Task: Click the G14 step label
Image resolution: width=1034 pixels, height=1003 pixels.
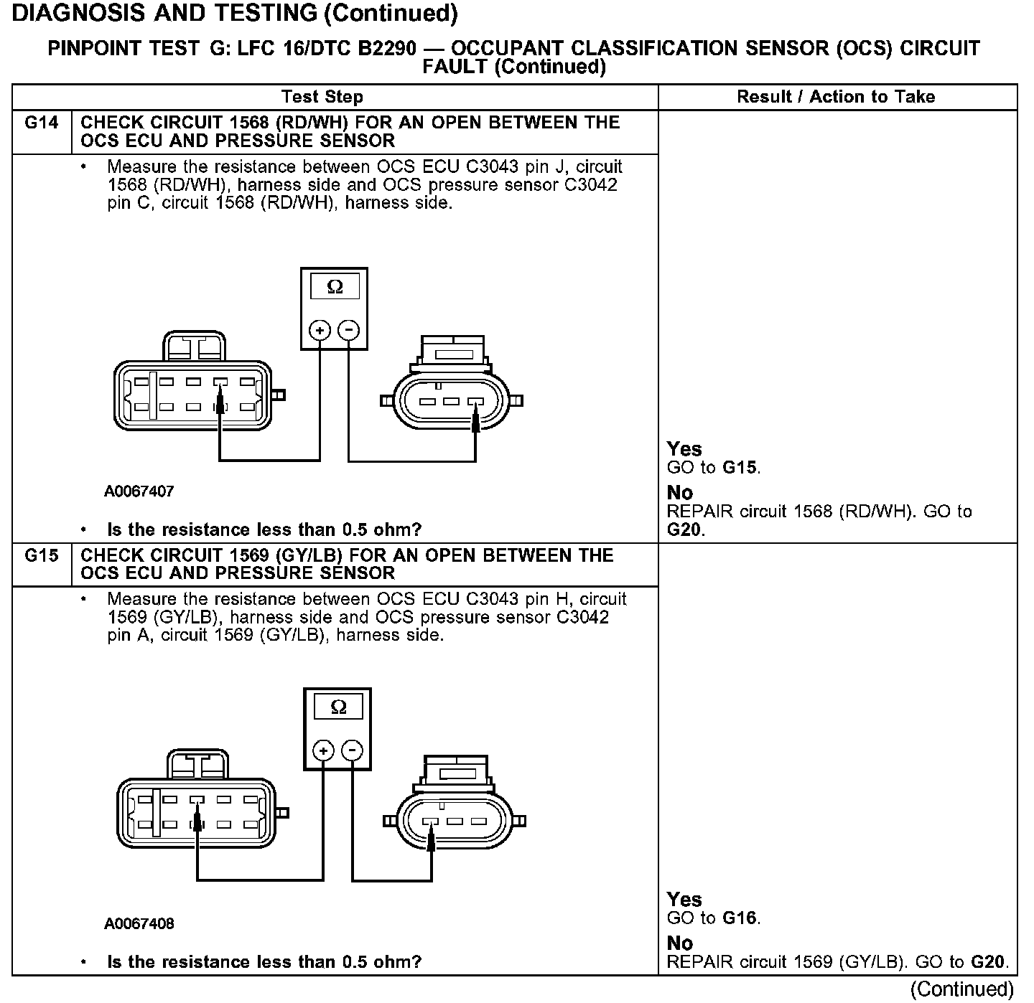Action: (x=42, y=123)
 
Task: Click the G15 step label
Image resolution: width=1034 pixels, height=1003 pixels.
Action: (x=42, y=555)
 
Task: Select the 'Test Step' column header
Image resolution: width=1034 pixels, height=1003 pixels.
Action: (x=322, y=97)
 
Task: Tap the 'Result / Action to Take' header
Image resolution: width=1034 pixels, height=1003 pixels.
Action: (x=836, y=97)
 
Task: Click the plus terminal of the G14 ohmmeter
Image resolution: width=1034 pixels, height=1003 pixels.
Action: (x=320, y=331)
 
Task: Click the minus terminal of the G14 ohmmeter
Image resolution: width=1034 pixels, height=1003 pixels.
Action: (x=349, y=331)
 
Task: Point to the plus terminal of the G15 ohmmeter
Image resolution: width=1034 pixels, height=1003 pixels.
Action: (x=324, y=751)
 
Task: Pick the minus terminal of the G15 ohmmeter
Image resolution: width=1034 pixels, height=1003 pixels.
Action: (x=353, y=751)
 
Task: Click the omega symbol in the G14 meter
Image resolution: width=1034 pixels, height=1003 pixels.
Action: (x=335, y=287)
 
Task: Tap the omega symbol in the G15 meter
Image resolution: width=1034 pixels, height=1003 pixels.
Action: (x=338, y=707)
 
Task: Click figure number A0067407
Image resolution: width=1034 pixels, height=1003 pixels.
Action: (x=139, y=491)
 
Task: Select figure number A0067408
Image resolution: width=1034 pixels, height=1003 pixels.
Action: (x=139, y=923)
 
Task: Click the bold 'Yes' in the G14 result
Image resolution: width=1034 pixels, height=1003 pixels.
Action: (x=684, y=449)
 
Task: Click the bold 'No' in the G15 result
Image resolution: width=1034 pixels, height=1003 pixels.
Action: (x=680, y=943)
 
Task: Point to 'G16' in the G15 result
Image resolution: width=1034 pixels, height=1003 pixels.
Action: (x=740, y=918)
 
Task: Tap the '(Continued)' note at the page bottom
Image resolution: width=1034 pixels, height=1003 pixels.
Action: (x=961, y=989)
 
